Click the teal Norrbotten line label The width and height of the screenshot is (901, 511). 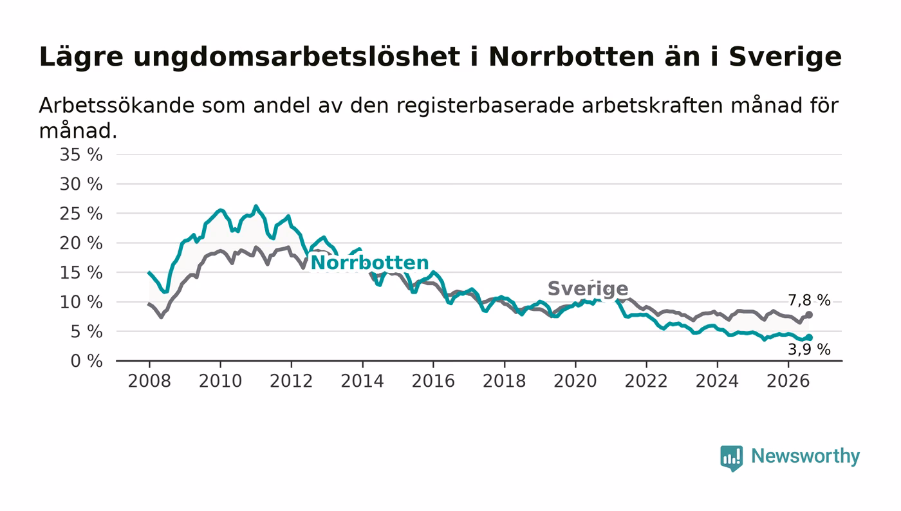[369, 263]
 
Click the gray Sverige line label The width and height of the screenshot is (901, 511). [588, 288]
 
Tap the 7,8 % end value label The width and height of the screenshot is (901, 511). [809, 300]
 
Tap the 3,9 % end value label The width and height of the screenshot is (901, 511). [809, 349]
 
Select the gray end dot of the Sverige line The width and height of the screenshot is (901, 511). [809, 315]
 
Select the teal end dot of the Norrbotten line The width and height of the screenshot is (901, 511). [809, 338]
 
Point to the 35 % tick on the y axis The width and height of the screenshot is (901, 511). [81, 154]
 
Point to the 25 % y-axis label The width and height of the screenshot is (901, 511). [81, 214]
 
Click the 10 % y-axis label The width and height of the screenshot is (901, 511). [81, 302]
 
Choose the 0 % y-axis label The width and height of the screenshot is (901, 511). [86, 361]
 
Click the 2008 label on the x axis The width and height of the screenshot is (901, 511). [149, 381]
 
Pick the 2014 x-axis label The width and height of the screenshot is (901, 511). [362, 381]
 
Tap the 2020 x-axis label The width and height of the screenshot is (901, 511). [575, 381]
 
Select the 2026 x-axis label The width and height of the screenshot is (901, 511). [788, 381]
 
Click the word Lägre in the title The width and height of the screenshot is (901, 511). [81, 57]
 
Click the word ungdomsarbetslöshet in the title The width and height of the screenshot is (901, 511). [297, 57]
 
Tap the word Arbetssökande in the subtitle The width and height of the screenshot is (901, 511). [115, 106]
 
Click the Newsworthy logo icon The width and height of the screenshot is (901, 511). [731, 458]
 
